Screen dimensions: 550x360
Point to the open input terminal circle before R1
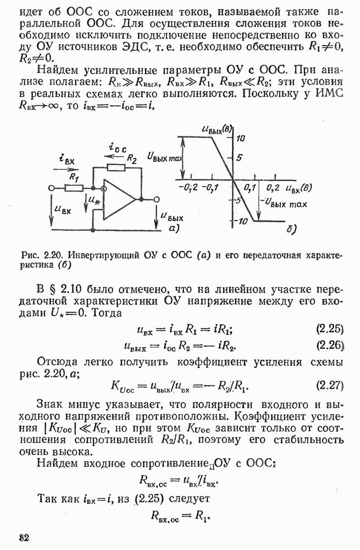(52, 188)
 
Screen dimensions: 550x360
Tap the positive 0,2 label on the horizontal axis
(273, 188)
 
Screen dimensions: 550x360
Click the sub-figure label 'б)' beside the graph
(292, 227)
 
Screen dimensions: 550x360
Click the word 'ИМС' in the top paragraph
(331, 94)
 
